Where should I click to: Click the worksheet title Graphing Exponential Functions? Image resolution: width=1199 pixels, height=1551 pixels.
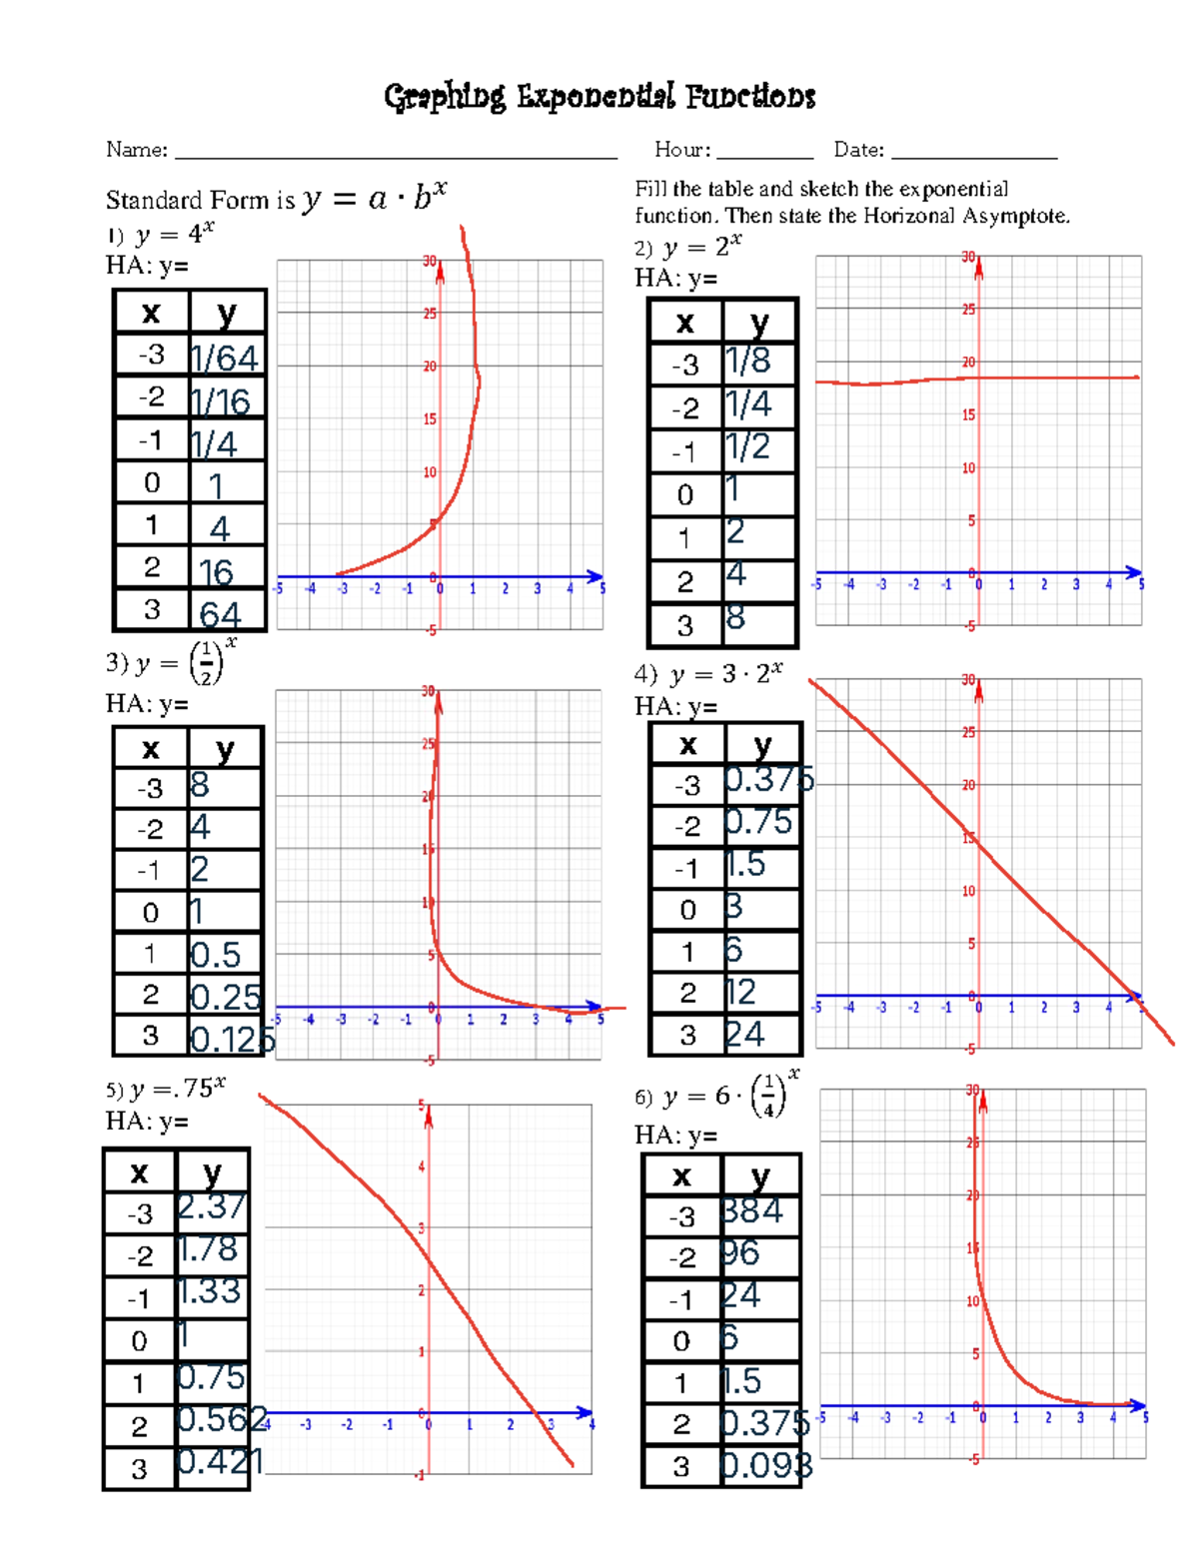point(599,97)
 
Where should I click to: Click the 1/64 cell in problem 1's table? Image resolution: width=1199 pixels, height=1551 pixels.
point(226,357)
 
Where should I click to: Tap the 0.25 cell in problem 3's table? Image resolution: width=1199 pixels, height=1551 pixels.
point(226,996)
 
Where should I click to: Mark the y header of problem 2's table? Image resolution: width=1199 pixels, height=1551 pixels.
point(759,322)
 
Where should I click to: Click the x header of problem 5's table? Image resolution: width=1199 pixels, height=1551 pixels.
point(139,1171)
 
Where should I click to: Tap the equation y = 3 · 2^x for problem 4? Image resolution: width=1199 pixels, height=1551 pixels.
point(725,674)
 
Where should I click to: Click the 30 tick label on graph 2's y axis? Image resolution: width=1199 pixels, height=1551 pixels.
point(968,257)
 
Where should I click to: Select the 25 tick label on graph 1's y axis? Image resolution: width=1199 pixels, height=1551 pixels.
point(430,314)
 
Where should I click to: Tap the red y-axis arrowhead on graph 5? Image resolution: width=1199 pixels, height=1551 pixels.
point(429,1118)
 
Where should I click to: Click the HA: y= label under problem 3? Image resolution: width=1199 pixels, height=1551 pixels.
point(147,704)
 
